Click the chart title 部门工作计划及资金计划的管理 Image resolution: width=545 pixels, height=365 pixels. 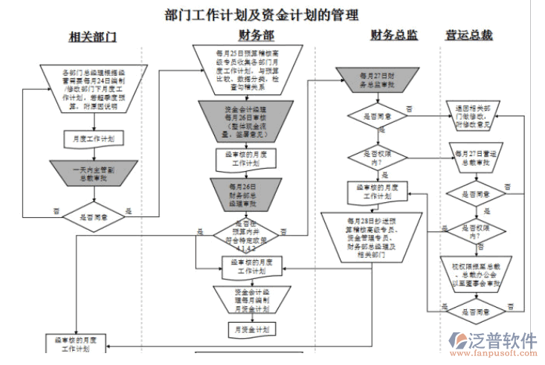261,14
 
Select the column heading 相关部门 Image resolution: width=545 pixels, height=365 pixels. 92,36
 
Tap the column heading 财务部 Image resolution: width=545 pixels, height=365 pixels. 256,35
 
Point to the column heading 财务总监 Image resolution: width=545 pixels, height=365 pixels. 393,35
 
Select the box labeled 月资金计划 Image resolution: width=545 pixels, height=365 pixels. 246,328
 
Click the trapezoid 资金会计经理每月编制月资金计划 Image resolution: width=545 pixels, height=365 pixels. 246,299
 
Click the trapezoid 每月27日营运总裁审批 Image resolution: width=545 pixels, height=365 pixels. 476,157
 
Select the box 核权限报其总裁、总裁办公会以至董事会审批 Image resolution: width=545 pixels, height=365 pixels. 476,273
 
